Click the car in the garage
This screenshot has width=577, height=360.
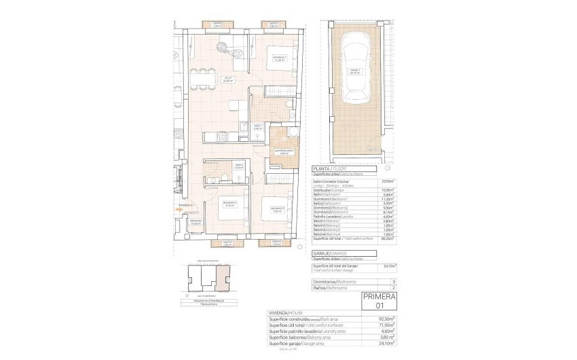click(x=355, y=71)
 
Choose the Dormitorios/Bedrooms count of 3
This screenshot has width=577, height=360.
click(x=394, y=281)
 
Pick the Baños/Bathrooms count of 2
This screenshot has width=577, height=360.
click(x=394, y=288)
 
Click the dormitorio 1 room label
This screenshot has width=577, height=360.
click(x=276, y=58)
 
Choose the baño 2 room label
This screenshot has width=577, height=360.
click(x=239, y=166)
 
